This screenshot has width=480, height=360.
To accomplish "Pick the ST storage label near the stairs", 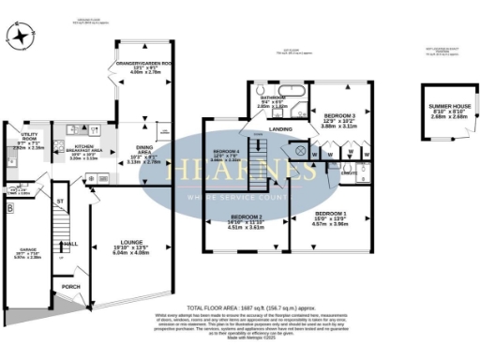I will tap(58, 201).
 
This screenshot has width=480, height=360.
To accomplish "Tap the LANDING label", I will tap(279, 129).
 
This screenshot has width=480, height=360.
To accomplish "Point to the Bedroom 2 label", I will tap(246, 219).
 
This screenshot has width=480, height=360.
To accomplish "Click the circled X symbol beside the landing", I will tap(299, 149).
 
